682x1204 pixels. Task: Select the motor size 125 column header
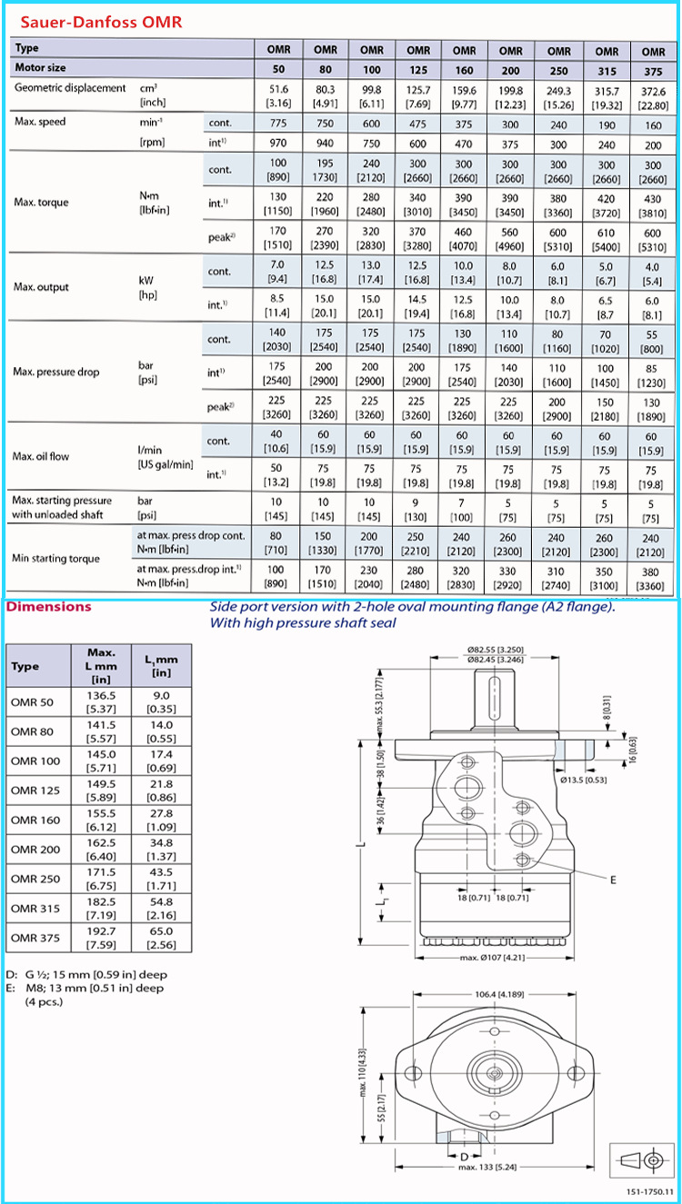tap(418, 68)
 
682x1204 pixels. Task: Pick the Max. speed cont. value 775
tap(277, 123)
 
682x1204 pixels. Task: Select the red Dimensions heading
tap(49, 607)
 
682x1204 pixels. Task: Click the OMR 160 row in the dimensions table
tap(35, 820)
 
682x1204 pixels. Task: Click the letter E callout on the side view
tap(613, 880)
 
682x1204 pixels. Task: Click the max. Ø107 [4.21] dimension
tap(492, 958)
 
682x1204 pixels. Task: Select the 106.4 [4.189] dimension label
tap(492, 994)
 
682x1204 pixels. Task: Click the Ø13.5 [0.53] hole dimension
tap(583, 780)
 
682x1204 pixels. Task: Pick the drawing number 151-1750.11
tap(647, 1191)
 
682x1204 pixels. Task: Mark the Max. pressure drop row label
tap(56, 372)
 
